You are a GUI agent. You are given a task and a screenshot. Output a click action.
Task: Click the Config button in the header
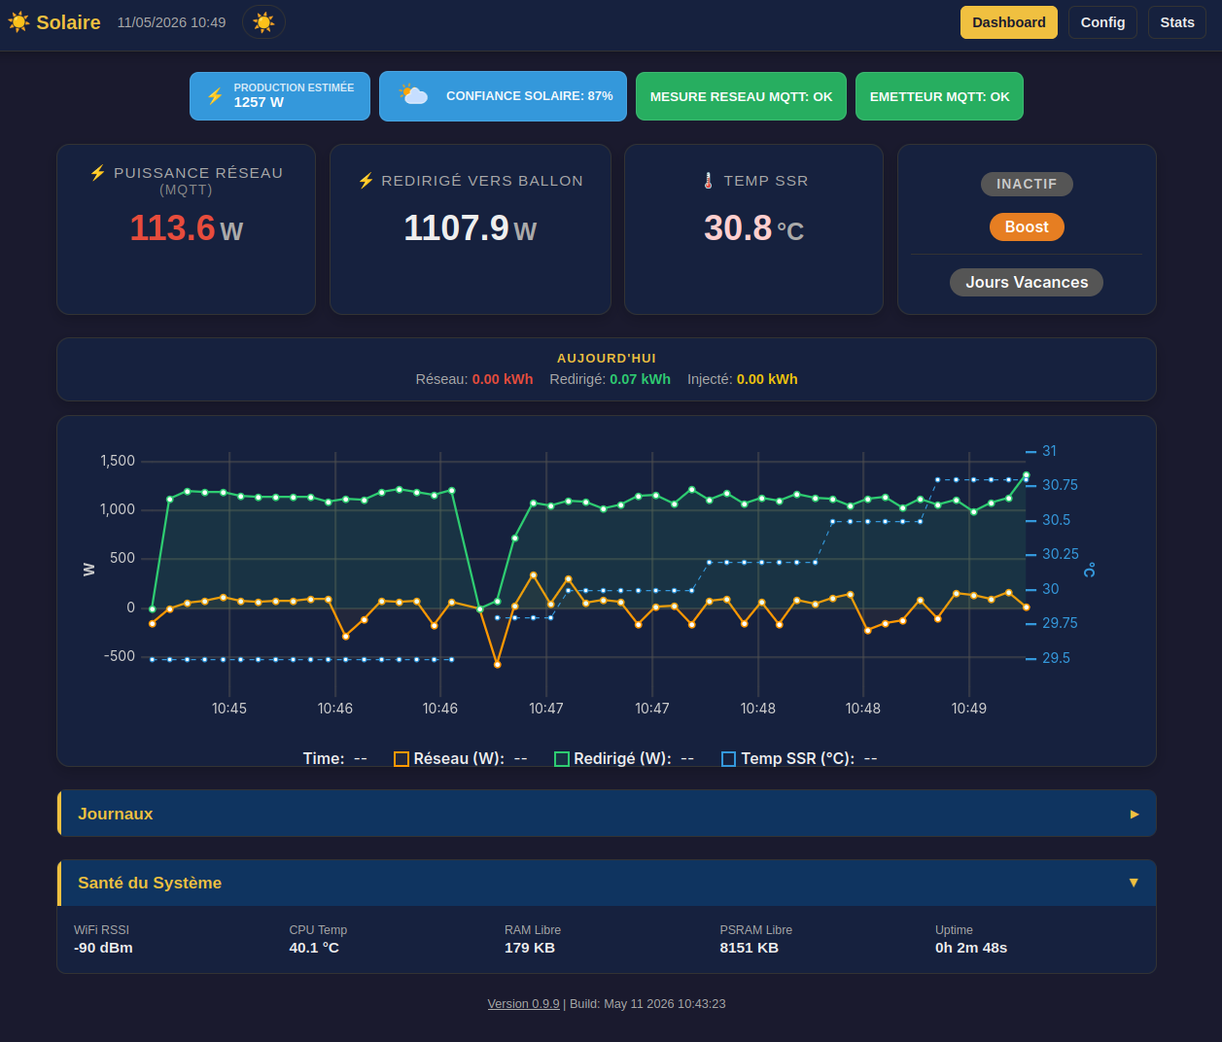pyautogui.click(x=1102, y=22)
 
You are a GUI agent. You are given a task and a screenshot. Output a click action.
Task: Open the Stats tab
pyautogui.click(x=1176, y=22)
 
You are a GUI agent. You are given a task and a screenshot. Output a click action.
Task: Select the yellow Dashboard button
pyautogui.click(x=1008, y=22)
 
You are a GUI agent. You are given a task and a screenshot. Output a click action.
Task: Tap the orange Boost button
pyautogui.click(x=1027, y=226)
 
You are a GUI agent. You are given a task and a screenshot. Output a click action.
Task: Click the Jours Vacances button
pyautogui.click(x=1027, y=283)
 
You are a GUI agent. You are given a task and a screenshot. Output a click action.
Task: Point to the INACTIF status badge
pyautogui.click(x=1027, y=184)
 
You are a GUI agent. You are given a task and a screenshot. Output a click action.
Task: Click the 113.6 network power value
pyautogui.click(x=172, y=228)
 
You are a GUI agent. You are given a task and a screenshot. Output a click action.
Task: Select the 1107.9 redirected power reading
pyautogui.click(x=456, y=228)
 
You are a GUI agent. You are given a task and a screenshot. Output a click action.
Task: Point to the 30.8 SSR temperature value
pyautogui.click(x=738, y=228)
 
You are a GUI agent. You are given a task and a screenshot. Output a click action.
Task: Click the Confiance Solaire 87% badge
pyautogui.click(x=503, y=96)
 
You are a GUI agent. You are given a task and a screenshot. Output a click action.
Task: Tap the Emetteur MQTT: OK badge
pyautogui.click(x=939, y=96)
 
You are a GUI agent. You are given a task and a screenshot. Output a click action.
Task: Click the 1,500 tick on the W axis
pyautogui.click(x=118, y=461)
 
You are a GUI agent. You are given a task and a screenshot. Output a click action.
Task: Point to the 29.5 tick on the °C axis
pyautogui.click(x=1056, y=658)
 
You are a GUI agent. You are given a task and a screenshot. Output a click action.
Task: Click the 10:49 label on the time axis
pyautogui.click(x=968, y=708)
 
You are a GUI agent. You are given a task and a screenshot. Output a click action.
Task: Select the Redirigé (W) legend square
pyautogui.click(x=562, y=759)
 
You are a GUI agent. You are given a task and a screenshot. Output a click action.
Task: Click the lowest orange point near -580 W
pyautogui.click(x=497, y=665)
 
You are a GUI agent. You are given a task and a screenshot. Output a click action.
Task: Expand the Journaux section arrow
pyautogui.click(x=1134, y=814)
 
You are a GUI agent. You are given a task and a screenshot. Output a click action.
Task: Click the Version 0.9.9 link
pyautogui.click(x=523, y=1003)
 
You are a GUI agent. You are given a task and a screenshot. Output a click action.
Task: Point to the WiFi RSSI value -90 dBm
pyautogui.click(x=103, y=948)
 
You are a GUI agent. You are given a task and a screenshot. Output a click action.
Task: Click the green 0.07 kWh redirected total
pyautogui.click(x=640, y=379)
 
